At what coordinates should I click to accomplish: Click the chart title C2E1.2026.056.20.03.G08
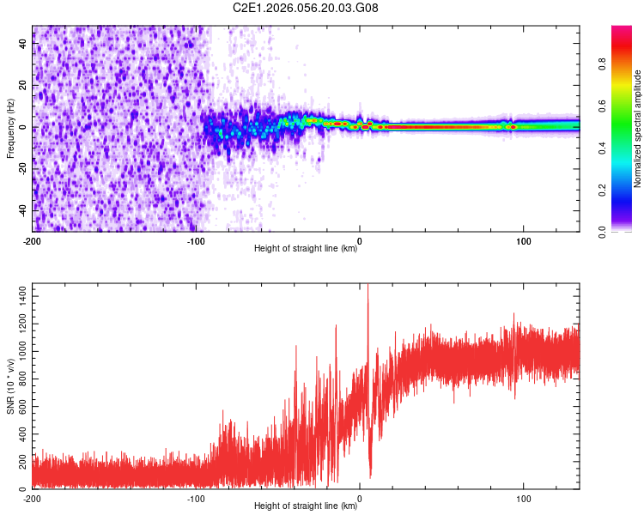306,8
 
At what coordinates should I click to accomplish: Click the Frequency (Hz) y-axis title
10,129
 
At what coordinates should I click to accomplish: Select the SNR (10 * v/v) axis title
10,386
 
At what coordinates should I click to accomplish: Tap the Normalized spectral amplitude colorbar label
637,129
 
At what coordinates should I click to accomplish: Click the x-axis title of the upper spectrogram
306,248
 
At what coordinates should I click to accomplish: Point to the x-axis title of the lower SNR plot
306,506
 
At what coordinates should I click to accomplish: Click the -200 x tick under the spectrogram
33,239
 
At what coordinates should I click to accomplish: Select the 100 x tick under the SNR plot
523,497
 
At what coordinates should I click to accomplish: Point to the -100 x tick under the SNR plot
196,497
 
